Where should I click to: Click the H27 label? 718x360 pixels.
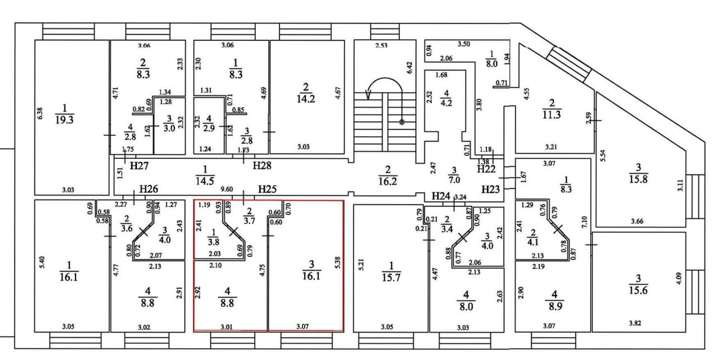tap(139, 165)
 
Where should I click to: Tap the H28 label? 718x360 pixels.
tap(262, 165)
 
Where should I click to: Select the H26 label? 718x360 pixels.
tap(149, 189)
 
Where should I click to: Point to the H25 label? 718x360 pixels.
tap(268, 190)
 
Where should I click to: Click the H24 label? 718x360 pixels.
tap(441, 196)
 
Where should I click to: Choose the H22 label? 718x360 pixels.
tap(486, 169)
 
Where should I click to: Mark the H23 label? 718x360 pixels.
tap(491, 190)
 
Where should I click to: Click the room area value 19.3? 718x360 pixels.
tap(65, 120)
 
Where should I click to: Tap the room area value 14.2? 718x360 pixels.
tap(306, 99)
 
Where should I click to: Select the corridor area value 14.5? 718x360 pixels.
tap(205, 181)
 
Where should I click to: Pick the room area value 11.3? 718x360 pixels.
tap(551, 114)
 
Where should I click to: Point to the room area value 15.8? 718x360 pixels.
tap(638, 179)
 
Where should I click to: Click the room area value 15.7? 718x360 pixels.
tap(391, 277)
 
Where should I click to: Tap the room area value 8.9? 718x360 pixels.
tap(555, 306)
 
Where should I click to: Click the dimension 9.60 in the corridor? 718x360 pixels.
tap(227, 190)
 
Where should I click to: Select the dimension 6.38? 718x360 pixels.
tap(40, 113)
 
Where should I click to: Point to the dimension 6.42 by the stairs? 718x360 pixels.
tap(409, 68)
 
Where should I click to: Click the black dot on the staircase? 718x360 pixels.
tap(402, 122)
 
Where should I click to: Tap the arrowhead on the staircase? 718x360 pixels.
tap(369, 94)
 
